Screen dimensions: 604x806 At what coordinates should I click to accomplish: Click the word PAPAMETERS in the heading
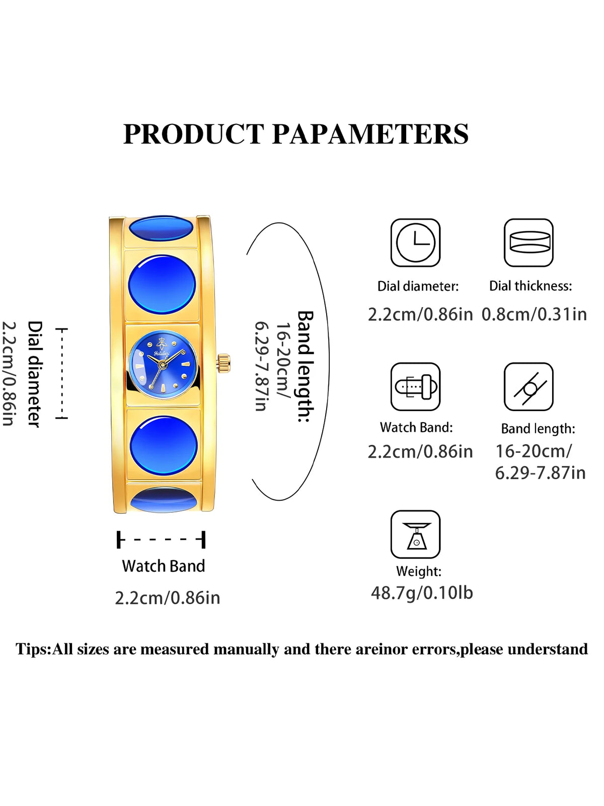click(370, 134)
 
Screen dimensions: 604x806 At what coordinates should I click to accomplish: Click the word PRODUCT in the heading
click(194, 134)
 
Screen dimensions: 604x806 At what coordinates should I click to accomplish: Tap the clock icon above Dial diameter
click(415, 243)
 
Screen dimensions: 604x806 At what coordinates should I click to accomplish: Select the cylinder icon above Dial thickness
click(528, 243)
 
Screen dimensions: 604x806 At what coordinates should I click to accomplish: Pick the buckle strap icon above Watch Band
click(415, 387)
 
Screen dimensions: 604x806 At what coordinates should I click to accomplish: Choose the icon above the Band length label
click(528, 387)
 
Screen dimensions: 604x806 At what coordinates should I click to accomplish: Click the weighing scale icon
click(415, 534)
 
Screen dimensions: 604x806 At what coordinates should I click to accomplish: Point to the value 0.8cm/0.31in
click(534, 315)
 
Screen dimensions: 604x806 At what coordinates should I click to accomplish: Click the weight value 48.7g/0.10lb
click(422, 593)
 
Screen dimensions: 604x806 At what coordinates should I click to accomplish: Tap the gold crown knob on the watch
click(223, 363)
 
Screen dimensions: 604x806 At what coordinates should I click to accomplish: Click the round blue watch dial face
click(163, 364)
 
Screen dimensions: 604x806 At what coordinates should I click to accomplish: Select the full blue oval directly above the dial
click(162, 285)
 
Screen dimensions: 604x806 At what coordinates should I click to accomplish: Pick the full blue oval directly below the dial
click(164, 445)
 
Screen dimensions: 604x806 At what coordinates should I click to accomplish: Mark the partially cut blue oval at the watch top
click(162, 227)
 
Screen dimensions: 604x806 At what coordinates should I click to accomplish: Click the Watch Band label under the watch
click(164, 566)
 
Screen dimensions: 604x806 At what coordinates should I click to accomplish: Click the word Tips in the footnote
click(32, 649)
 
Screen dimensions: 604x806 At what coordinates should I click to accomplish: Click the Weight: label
click(419, 571)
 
